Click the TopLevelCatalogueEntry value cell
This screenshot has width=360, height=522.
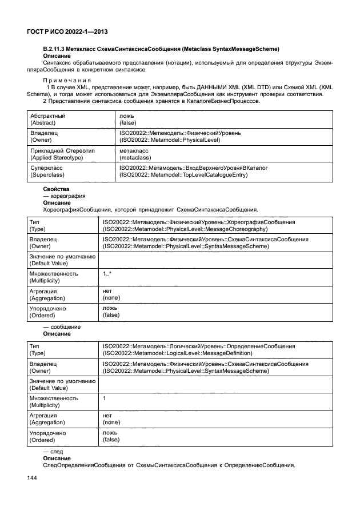tap(194, 170)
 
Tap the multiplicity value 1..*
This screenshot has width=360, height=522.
tap(107, 274)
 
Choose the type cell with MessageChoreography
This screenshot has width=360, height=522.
tap(199, 225)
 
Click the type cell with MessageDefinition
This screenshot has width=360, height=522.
tap(199, 350)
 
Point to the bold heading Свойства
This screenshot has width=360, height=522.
tap(56, 189)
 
